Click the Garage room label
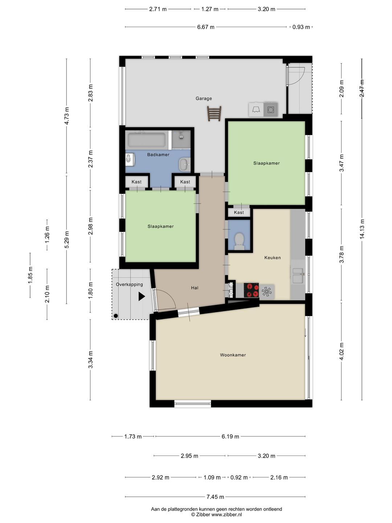204,98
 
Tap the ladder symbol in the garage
214,114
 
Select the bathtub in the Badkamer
147,140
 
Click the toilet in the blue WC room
239,241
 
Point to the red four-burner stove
251,290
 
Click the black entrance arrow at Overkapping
142,296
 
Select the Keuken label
273,258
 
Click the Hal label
195,288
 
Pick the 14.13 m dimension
362,229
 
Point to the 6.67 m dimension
206,27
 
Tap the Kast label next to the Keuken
239,212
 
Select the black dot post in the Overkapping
116,316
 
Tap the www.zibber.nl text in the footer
226,514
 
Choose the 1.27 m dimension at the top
210,9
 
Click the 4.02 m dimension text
342,352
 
